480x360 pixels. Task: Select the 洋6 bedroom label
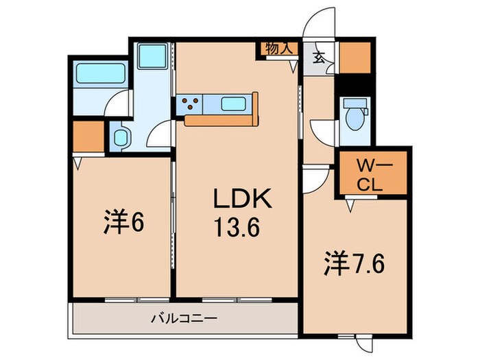tap(124, 224)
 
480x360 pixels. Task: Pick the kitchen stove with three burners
tap(189, 105)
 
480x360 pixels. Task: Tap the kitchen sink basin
tap(237, 105)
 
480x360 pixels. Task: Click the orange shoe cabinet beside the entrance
tap(354, 58)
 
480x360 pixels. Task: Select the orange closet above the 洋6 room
tap(87, 137)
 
